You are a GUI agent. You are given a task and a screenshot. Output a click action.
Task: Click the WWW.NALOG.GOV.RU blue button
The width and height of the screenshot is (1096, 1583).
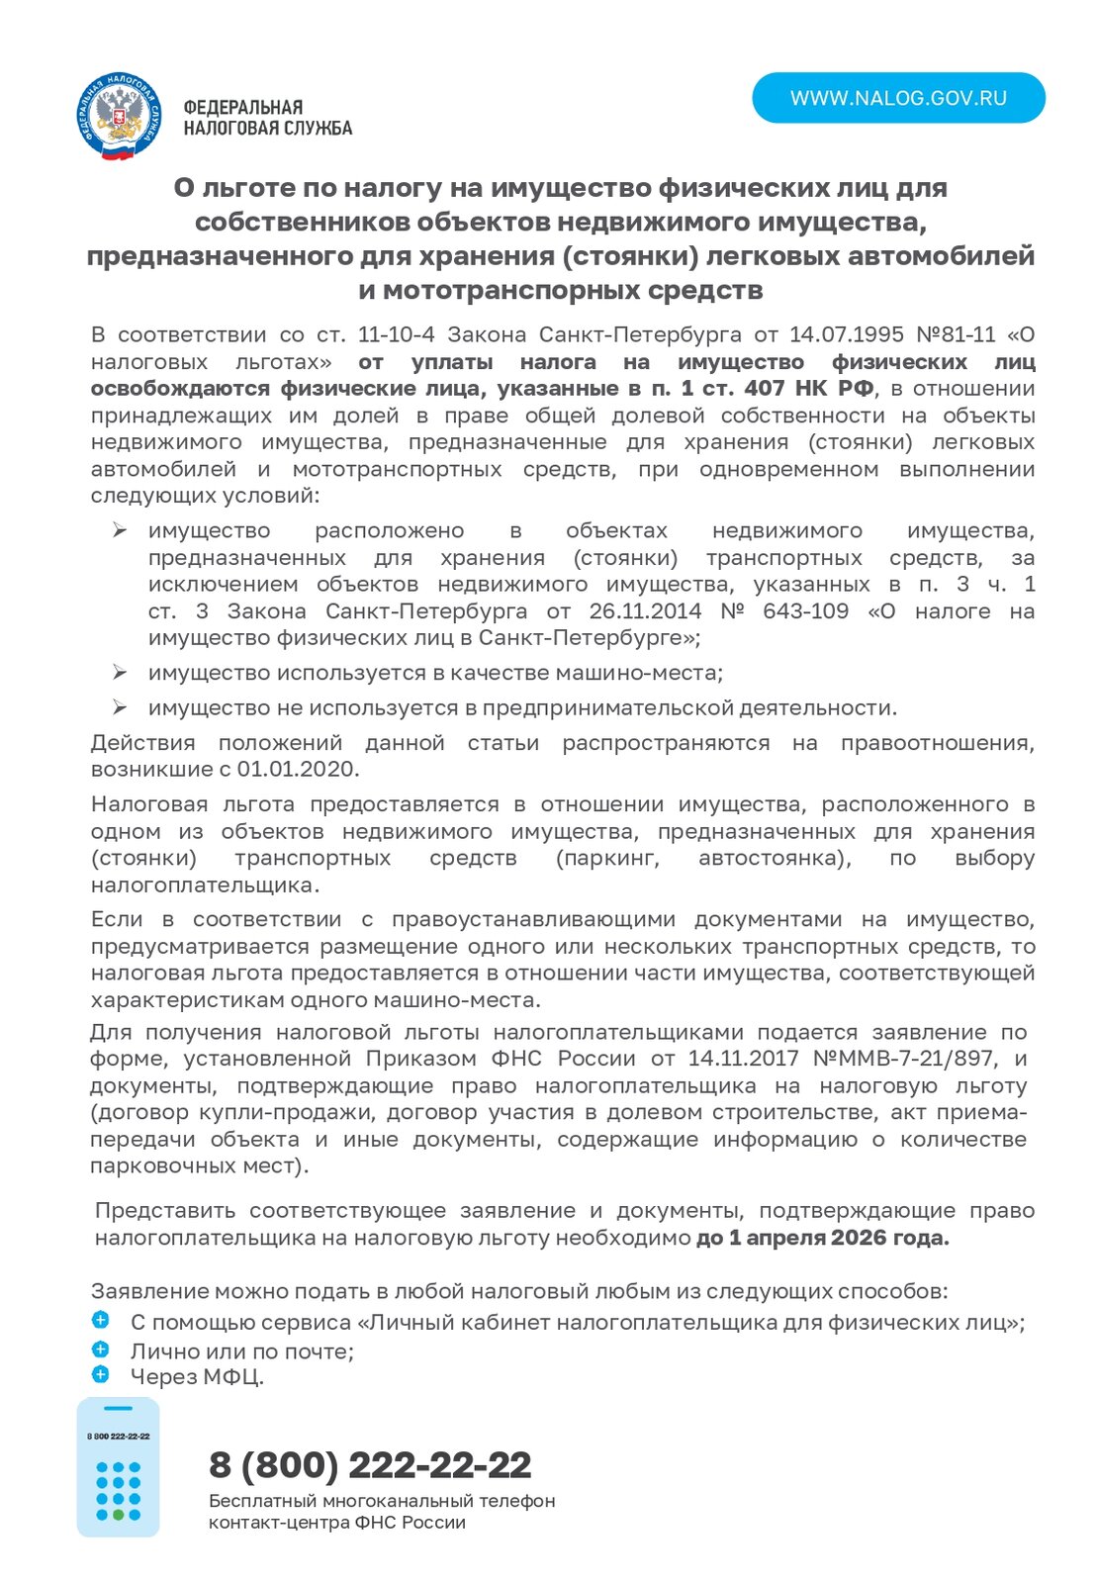coord(898,98)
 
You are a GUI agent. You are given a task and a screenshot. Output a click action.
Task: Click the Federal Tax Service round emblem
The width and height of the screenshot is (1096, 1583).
coord(119,117)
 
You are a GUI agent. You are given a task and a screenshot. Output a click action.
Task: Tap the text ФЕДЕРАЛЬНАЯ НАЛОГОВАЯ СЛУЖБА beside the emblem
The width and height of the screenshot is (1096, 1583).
coord(267,118)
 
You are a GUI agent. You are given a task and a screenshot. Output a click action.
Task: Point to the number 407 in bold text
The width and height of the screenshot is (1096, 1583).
coord(764,388)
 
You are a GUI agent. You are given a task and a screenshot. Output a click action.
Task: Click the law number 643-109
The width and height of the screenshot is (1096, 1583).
coord(805,611)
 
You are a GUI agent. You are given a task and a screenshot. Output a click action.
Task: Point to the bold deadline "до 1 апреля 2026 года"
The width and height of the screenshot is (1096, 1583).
coord(822,1238)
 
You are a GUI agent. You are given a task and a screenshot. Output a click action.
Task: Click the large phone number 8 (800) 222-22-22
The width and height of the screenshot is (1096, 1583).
coord(370,1464)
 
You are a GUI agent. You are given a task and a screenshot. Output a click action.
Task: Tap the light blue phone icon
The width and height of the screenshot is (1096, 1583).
coord(118,1467)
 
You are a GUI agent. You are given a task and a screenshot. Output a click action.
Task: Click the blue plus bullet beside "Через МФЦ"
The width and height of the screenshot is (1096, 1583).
coord(100,1374)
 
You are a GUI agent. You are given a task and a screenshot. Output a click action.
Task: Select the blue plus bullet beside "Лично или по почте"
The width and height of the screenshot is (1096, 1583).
coord(100,1350)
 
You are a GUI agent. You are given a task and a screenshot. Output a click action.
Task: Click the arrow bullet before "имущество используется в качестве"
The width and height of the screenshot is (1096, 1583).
coord(119,673)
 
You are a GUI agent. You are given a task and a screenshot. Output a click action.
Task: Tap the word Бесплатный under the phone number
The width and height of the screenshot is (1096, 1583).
coord(256,1501)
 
